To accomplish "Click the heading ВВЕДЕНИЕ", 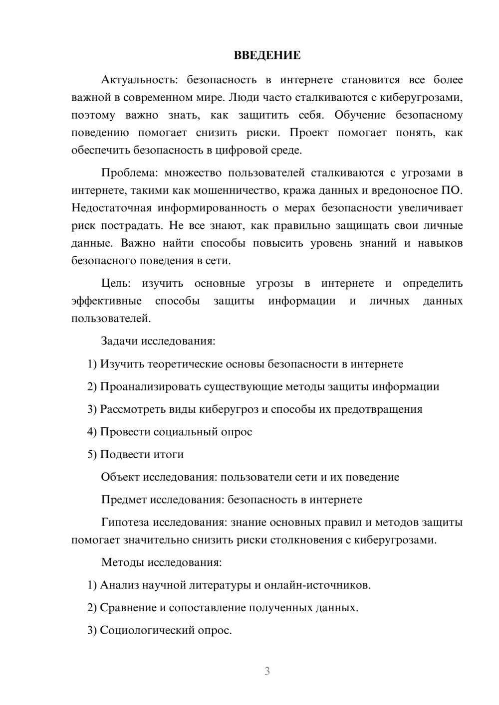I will coord(267,55).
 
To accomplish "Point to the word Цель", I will coord(116,283).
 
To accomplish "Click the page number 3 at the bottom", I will coord(267,671).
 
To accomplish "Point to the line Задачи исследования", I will coord(158,341).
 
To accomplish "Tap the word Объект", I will coord(120,477).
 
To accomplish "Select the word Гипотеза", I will coord(125,523).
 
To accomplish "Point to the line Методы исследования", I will coord(161,562).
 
